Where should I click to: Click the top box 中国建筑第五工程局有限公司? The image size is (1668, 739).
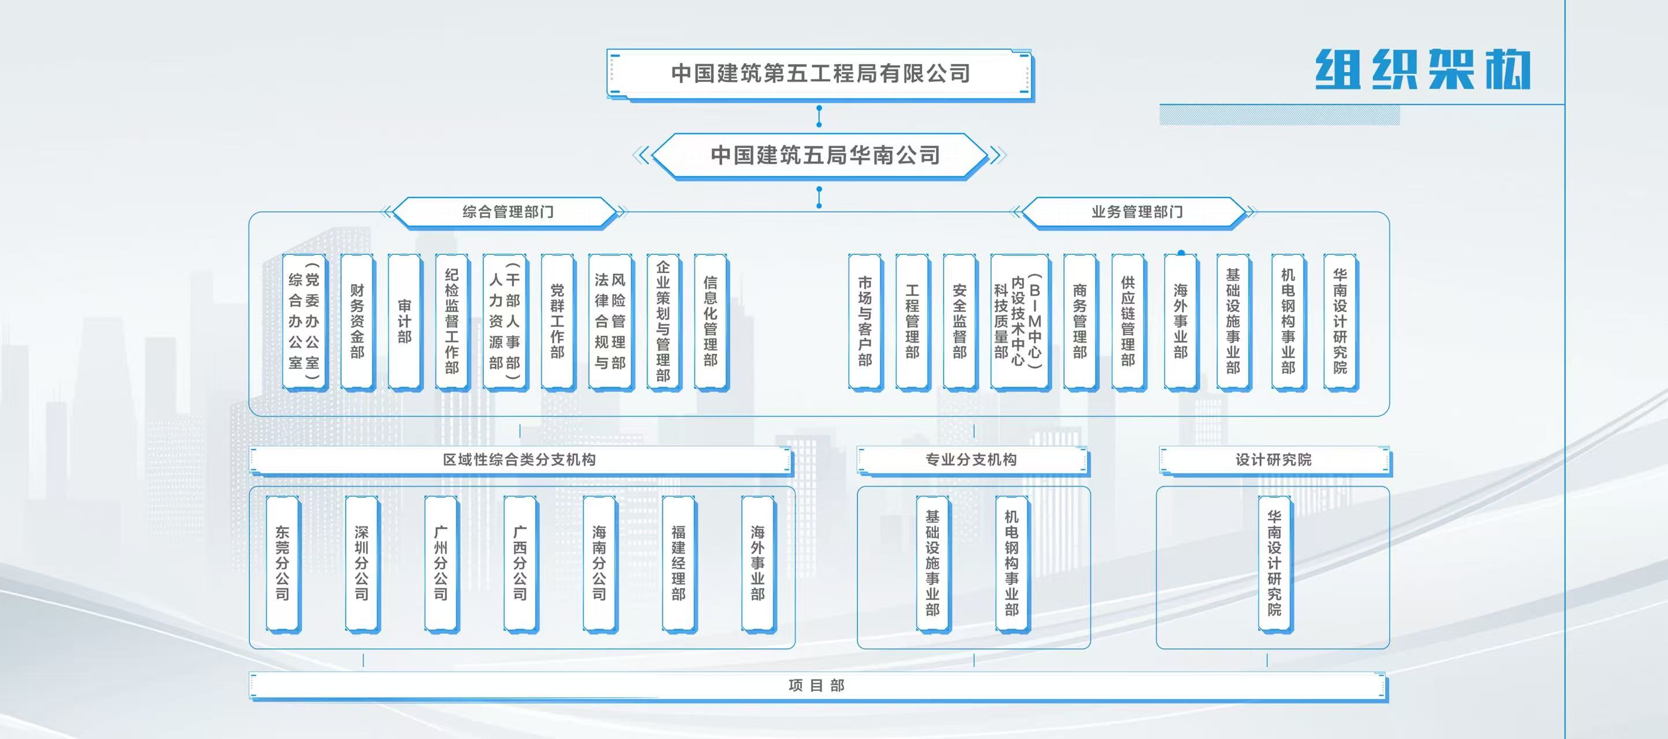[x=820, y=74]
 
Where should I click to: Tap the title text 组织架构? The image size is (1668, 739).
[x=1423, y=69]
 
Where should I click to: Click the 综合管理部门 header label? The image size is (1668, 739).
[x=507, y=212]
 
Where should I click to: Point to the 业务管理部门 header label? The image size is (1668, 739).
[x=1137, y=212]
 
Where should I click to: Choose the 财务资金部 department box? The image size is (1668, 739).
[x=357, y=322]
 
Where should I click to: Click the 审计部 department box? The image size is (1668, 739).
[x=405, y=322]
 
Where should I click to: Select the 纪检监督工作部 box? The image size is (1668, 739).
[x=452, y=322]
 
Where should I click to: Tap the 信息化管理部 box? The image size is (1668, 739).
[x=711, y=322]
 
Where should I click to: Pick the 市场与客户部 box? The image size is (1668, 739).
[x=865, y=322]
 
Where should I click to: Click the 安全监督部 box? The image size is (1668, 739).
[x=960, y=322]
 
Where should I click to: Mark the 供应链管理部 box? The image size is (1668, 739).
[x=1128, y=322]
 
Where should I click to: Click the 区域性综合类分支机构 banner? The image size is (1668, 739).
[x=519, y=460]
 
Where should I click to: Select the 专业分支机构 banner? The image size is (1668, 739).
[x=971, y=460]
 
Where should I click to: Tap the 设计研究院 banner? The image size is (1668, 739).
[x=1274, y=460]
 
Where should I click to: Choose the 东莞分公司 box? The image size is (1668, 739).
[x=282, y=563]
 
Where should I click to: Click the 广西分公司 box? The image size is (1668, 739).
[x=520, y=563]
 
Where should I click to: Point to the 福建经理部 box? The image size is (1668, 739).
[x=679, y=563]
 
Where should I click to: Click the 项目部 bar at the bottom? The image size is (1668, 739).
[x=817, y=686]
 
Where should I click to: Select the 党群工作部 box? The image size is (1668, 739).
[x=557, y=322]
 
